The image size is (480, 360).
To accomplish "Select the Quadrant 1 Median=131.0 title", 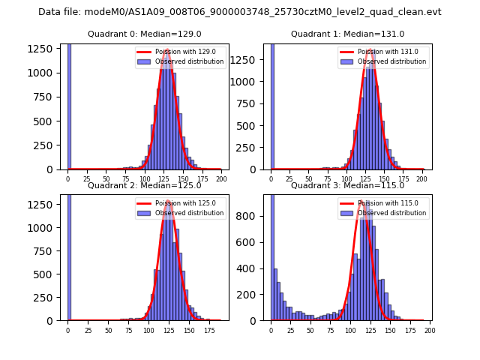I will click(347, 34).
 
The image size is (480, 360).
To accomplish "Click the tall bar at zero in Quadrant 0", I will click(69, 105).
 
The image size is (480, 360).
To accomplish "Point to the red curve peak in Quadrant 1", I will click(370, 50).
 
